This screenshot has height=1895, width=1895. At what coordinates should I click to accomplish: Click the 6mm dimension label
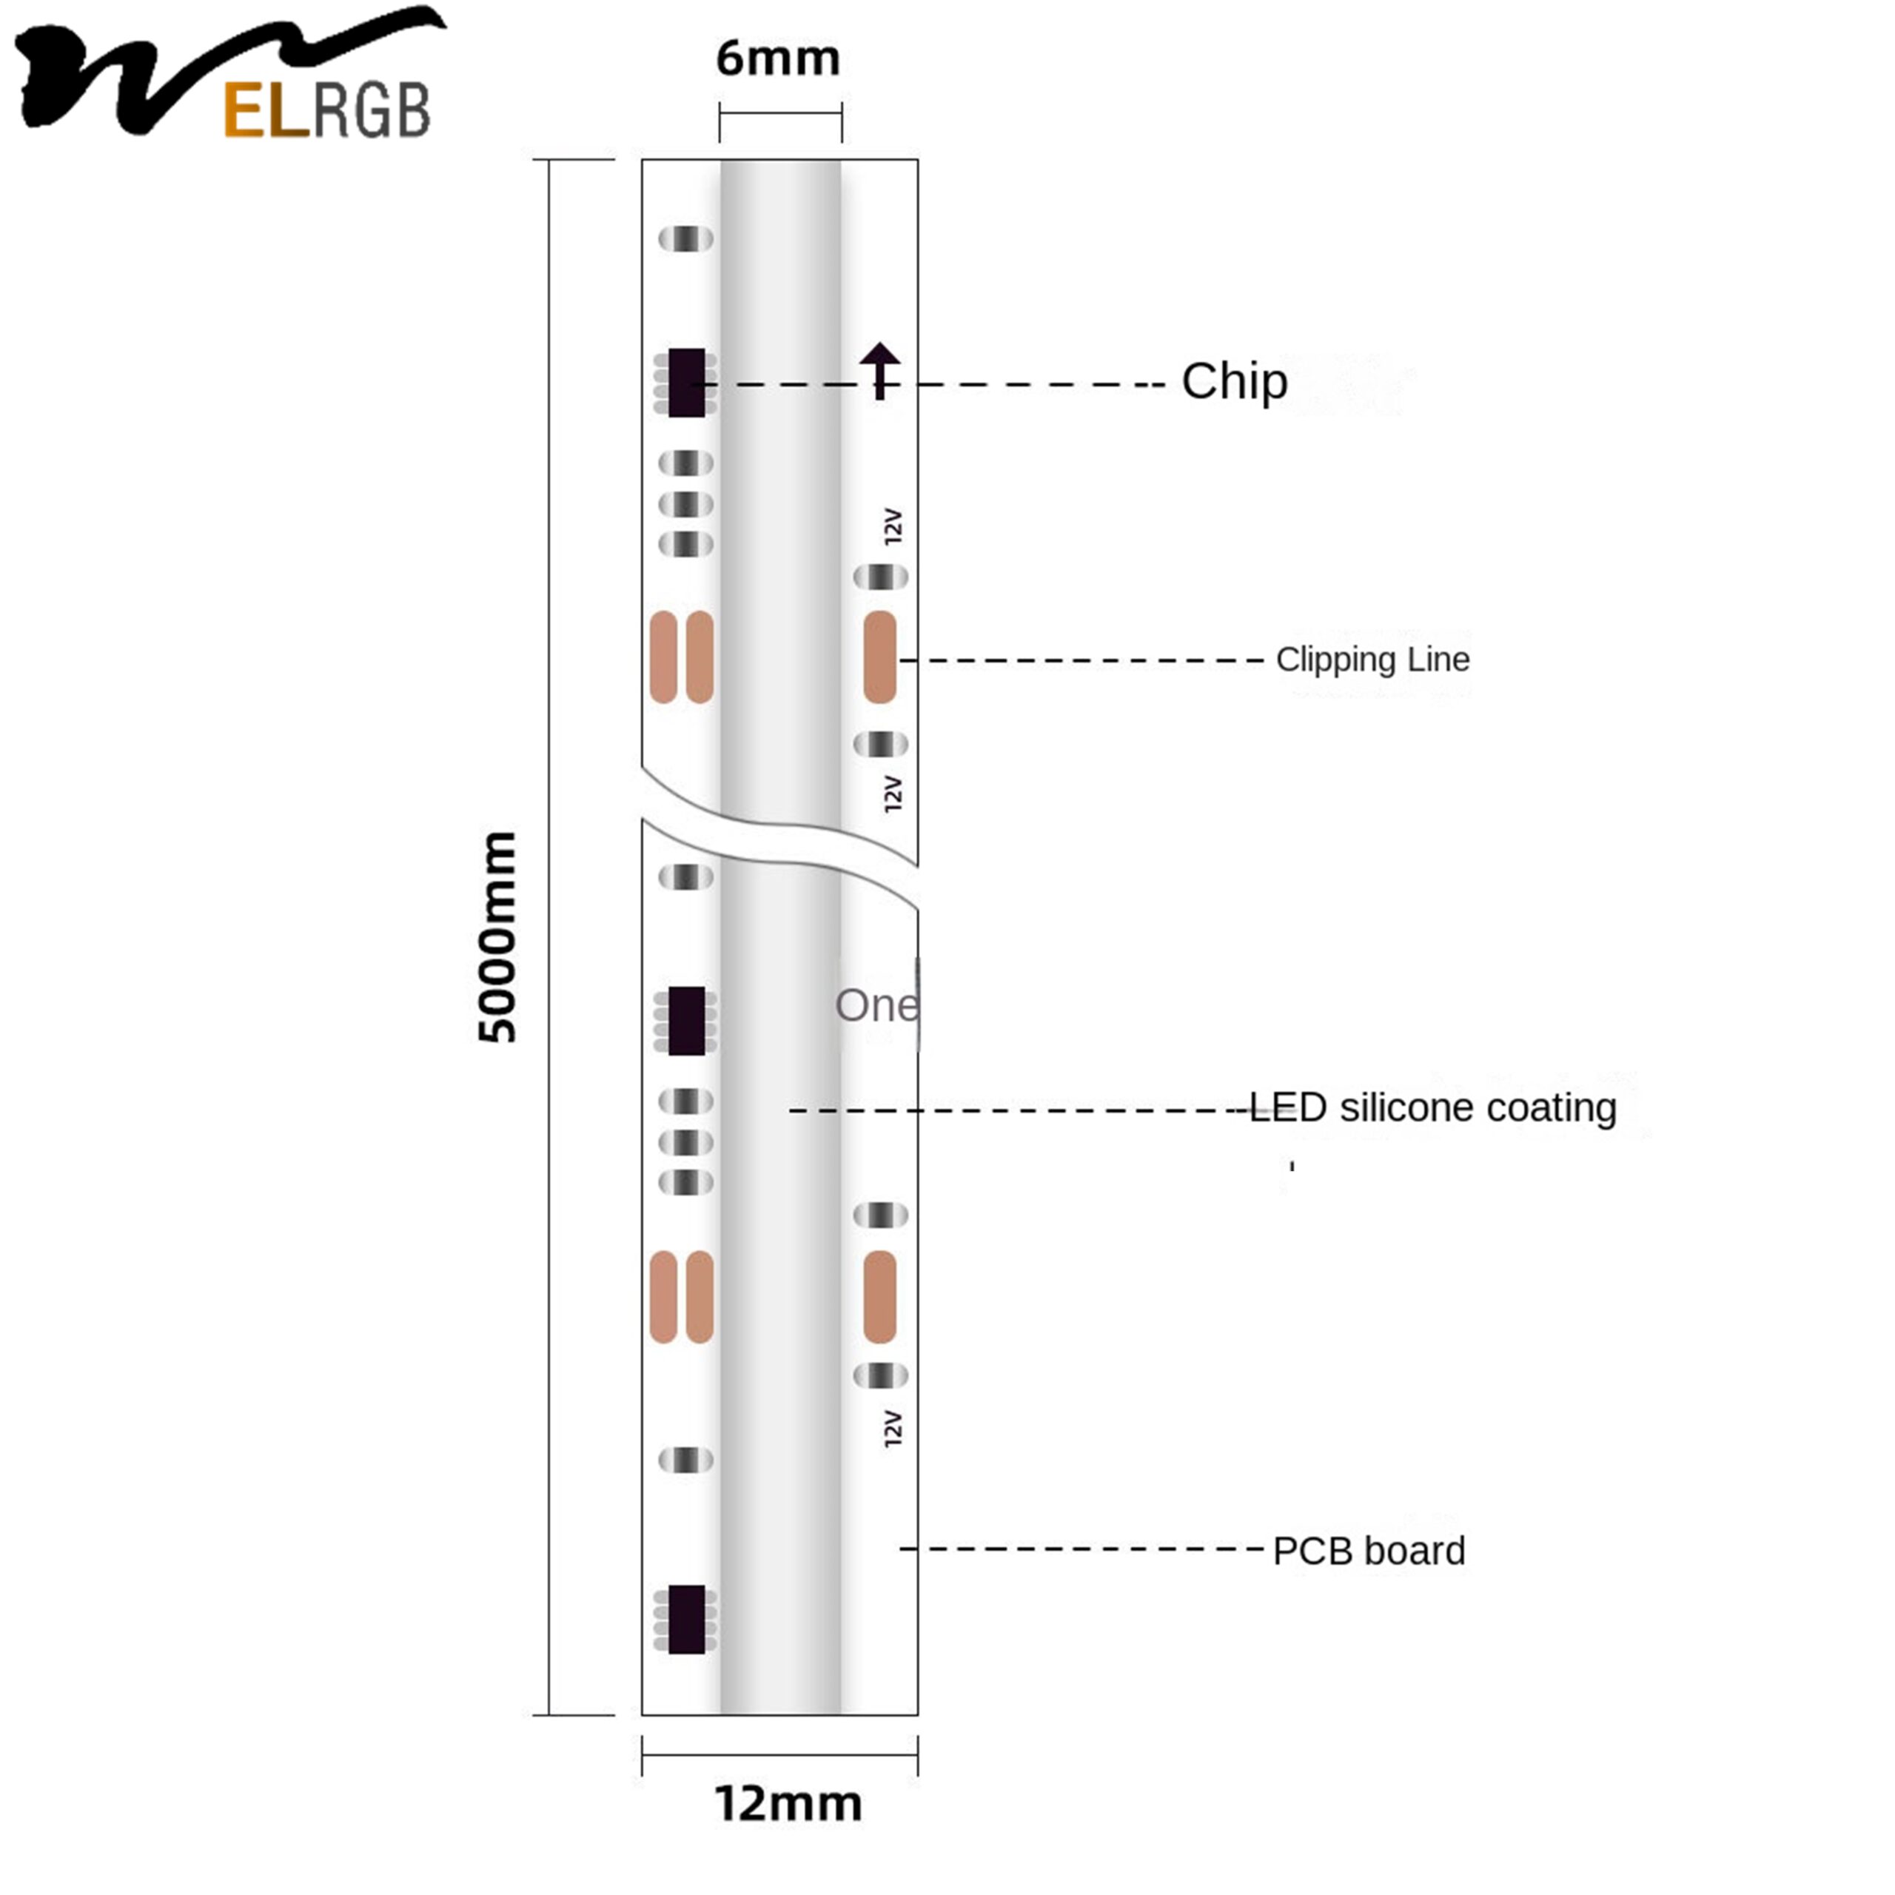(x=778, y=59)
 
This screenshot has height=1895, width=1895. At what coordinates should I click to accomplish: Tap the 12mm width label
(x=788, y=1804)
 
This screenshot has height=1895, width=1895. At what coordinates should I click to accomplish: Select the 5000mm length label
(x=497, y=936)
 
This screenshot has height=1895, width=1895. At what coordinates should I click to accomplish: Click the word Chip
(x=1234, y=381)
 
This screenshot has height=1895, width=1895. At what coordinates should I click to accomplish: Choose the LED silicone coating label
(x=1432, y=1107)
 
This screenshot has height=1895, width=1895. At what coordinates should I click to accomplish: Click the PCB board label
(x=1368, y=1551)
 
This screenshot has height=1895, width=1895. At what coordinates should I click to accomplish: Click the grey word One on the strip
(x=876, y=1005)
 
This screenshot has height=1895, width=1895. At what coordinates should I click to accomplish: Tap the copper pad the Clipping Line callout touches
(x=880, y=657)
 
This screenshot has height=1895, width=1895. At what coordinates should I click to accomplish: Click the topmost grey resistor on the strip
(x=685, y=238)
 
